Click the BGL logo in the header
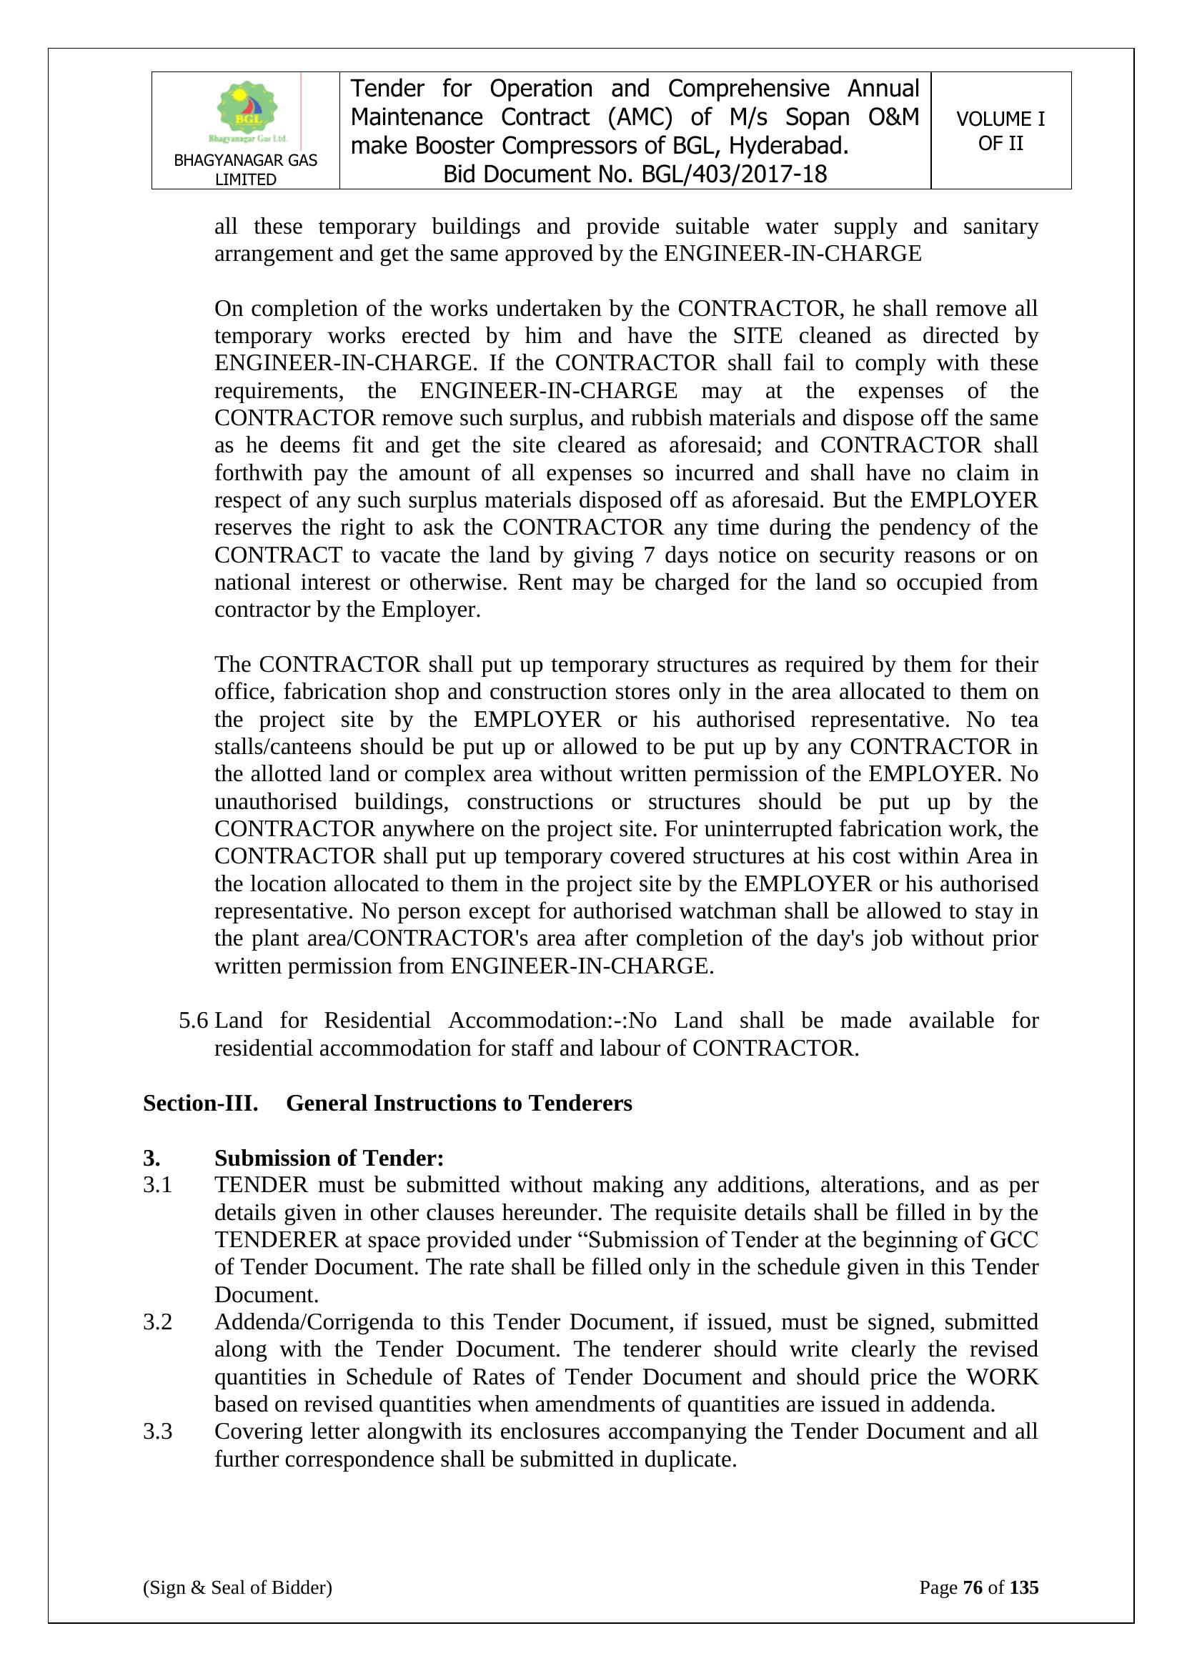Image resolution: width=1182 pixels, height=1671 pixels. [x=247, y=111]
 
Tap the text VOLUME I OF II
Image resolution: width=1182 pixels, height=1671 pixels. [x=1000, y=131]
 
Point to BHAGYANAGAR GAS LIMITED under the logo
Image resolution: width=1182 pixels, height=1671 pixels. [x=245, y=169]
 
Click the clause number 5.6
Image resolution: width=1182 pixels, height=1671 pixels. [x=194, y=1021]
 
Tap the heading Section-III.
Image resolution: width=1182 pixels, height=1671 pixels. [x=200, y=1104]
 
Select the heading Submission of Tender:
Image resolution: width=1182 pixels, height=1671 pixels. [x=329, y=1158]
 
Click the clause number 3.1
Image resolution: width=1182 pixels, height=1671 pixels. [x=157, y=1185]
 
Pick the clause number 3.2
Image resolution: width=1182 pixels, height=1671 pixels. [x=157, y=1322]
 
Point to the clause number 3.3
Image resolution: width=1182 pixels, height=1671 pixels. [x=157, y=1432]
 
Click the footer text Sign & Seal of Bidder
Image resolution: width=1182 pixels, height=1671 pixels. [x=237, y=1587]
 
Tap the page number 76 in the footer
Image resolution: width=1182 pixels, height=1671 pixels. [x=973, y=1587]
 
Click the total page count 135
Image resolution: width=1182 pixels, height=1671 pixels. [x=1024, y=1587]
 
